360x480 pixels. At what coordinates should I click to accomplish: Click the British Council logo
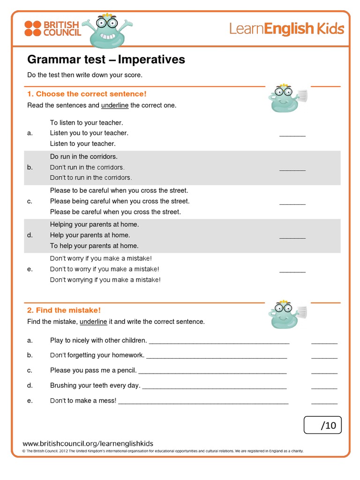tap(52, 28)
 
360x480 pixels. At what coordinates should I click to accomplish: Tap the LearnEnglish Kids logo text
tap(286, 29)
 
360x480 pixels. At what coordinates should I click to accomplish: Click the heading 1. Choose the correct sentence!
tap(87, 94)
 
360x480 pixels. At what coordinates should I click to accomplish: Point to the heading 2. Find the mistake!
tap(64, 310)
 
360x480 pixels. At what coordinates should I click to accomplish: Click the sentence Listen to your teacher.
tap(82, 143)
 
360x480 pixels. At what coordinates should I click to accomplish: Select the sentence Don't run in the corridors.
tap(87, 167)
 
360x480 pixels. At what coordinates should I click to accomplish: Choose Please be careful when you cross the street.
tap(115, 212)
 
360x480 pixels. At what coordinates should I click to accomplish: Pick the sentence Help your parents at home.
tap(90, 235)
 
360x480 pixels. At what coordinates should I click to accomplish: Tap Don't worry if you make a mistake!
tap(101, 258)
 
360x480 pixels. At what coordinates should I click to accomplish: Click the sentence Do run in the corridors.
tap(84, 157)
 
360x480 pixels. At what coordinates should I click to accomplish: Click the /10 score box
tap(322, 425)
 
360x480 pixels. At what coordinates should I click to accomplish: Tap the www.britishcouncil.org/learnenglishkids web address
tap(88, 443)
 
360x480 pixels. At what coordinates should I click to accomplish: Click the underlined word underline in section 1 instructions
tap(115, 105)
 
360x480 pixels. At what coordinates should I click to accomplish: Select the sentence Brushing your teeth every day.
tap(95, 385)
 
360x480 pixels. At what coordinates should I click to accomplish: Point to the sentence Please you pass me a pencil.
tap(93, 370)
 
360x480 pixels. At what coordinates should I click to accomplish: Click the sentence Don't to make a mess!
tap(83, 401)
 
